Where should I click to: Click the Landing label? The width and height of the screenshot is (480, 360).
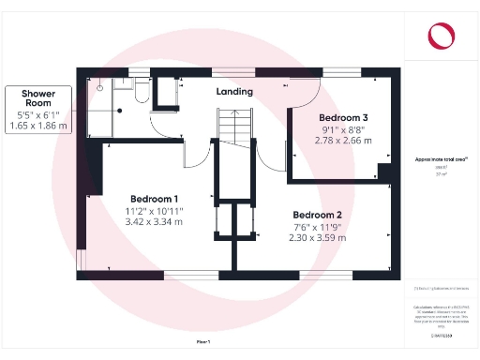(x=234, y=92)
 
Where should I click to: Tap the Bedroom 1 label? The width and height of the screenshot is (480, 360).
(x=155, y=199)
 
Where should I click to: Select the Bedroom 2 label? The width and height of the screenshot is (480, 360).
(x=319, y=215)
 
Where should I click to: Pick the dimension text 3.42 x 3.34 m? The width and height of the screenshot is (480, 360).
(x=156, y=222)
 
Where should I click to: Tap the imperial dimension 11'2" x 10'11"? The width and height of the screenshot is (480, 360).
(x=156, y=211)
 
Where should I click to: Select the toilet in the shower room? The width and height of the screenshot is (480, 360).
(x=140, y=90)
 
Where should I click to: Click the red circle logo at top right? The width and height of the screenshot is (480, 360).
(x=440, y=36)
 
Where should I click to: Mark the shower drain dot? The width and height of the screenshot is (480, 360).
(x=100, y=84)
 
